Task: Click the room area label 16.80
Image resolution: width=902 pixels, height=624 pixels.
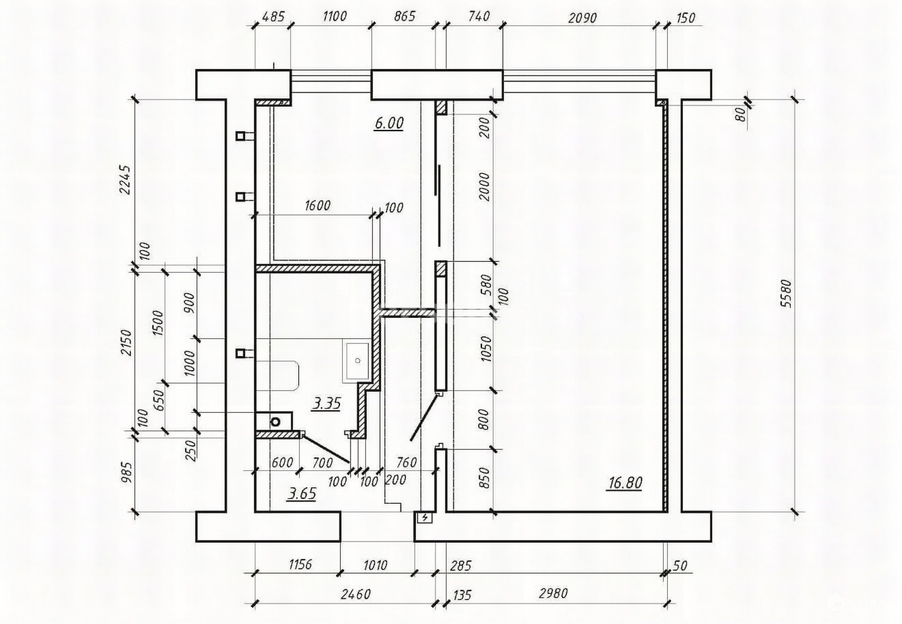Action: click(625, 483)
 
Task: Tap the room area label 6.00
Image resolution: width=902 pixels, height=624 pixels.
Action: click(389, 123)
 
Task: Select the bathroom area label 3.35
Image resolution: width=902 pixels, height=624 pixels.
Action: click(327, 403)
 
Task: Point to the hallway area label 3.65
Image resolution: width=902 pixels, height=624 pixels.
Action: click(302, 494)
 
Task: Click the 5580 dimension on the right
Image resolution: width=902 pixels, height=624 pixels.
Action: click(786, 293)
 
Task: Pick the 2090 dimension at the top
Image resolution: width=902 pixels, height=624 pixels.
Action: click(582, 18)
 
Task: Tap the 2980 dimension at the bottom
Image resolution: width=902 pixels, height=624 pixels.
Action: click(553, 593)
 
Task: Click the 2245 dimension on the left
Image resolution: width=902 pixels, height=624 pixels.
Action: click(125, 179)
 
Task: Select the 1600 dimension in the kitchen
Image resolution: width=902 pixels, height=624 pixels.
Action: click(318, 205)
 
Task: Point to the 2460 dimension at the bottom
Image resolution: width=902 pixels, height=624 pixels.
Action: click(356, 594)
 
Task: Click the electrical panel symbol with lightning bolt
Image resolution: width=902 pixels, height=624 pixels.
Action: click(425, 518)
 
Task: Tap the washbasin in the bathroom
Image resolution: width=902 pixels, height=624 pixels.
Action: click(358, 361)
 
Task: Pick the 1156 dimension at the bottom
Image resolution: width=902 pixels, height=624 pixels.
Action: click(300, 564)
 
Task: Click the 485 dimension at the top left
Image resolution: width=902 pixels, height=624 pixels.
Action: click(272, 17)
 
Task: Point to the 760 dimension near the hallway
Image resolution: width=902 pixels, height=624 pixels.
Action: click(406, 463)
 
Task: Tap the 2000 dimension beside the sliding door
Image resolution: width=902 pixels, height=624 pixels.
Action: click(484, 187)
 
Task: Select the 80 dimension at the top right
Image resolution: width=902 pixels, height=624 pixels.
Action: click(740, 114)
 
